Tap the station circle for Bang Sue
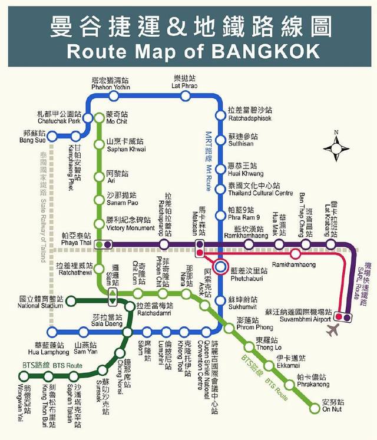pyautogui.click(x=51, y=137)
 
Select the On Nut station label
pyautogui.click(x=333, y=406)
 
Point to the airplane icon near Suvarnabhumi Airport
pyautogui.click(x=334, y=328)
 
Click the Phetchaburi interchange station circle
pyautogui.click(x=220, y=267)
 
